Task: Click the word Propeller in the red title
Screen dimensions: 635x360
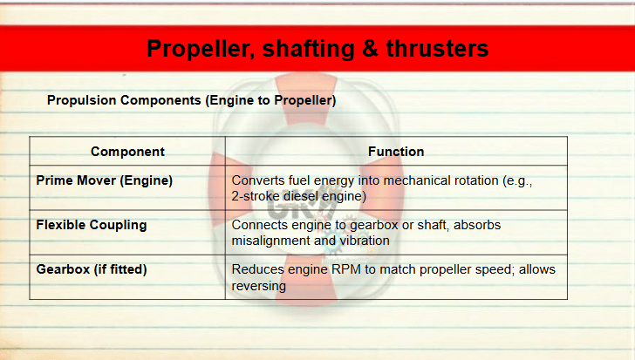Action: [x=201, y=49]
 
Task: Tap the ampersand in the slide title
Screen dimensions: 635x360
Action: [x=370, y=48]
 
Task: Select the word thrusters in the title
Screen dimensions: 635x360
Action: [x=437, y=48]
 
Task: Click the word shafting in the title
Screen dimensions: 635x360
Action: [x=309, y=49]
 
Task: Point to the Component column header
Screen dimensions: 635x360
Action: [x=127, y=152]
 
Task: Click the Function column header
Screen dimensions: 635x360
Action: [x=396, y=152]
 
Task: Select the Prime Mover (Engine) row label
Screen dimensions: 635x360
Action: [x=105, y=180]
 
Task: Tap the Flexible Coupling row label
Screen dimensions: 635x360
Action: [x=92, y=225]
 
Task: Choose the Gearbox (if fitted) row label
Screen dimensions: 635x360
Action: [x=92, y=269]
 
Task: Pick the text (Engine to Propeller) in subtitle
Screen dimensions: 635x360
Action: [x=270, y=100]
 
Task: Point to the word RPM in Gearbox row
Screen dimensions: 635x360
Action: [x=346, y=269]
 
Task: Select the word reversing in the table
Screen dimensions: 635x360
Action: [x=259, y=287]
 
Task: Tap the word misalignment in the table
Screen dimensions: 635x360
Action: [x=271, y=241]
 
